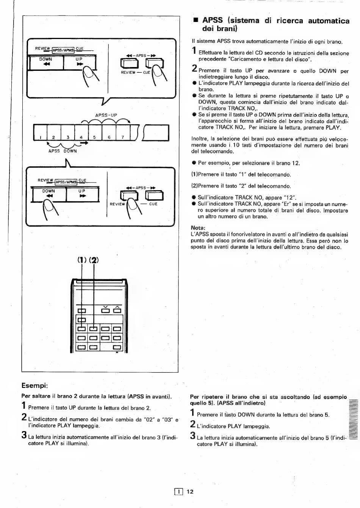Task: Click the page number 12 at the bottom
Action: (190, 491)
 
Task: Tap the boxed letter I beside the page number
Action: (178, 491)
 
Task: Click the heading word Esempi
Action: (34, 385)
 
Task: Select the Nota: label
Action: (198, 228)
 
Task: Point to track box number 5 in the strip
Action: (95, 133)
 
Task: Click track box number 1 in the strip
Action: (41, 133)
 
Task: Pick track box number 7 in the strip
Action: (123, 133)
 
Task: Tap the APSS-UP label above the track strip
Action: (106, 115)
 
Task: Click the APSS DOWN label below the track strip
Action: (63, 151)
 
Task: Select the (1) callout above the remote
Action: (82, 260)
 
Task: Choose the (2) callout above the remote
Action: (94, 260)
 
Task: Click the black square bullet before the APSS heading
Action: (196, 20)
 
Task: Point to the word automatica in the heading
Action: (329, 20)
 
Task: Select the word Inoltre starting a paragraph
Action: (200, 139)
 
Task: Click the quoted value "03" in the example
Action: (167, 420)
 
